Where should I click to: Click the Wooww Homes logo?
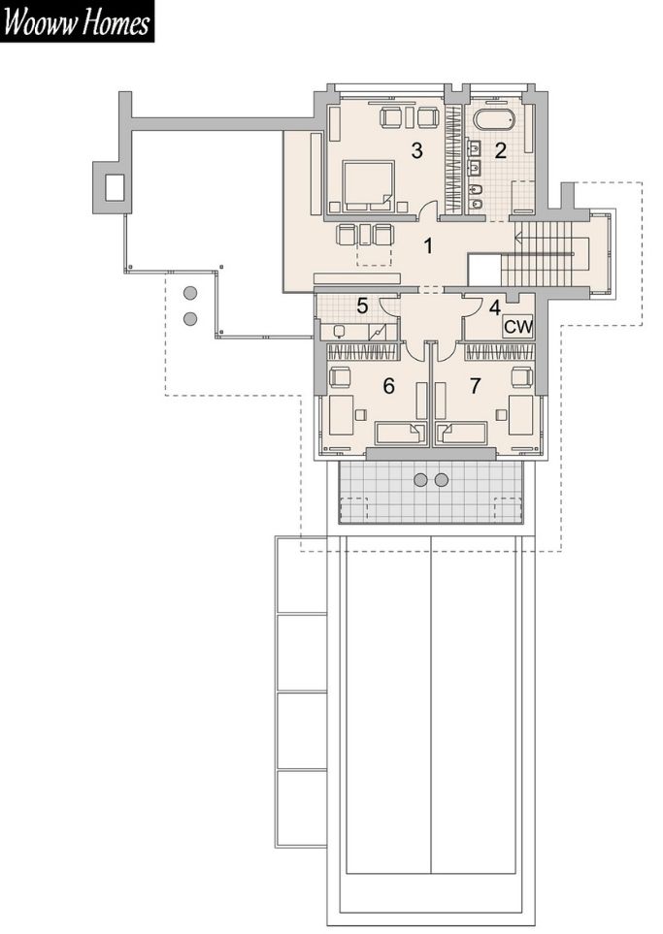pyautogui.click(x=77, y=21)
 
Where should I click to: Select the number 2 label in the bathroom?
pyautogui.click(x=500, y=150)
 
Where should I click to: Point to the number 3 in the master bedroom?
pyautogui.click(x=416, y=150)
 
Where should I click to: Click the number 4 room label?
pyautogui.click(x=494, y=308)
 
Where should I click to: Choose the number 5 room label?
pyautogui.click(x=362, y=306)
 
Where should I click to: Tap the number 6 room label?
pyautogui.click(x=388, y=386)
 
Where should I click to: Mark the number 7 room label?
pyautogui.click(x=475, y=386)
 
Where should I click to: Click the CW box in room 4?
pyautogui.click(x=517, y=327)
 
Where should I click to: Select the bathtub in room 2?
pyautogui.click(x=494, y=119)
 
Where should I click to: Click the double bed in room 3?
pyautogui.click(x=368, y=185)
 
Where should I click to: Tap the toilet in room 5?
pyautogui.click(x=339, y=331)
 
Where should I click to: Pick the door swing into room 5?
pyautogui.click(x=390, y=306)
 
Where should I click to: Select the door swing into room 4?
pyautogui.click(x=471, y=306)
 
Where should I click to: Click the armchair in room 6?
pyautogui.click(x=340, y=377)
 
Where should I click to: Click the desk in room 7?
pyautogui.click(x=520, y=414)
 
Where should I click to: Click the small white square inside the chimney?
pyautogui.click(x=116, y=187)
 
